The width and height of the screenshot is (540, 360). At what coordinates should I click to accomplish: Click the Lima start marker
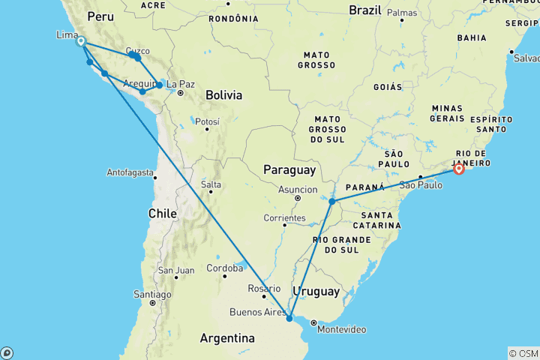(x=80, y=42)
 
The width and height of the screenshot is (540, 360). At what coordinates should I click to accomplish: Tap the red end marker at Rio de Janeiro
(x=458, y=169)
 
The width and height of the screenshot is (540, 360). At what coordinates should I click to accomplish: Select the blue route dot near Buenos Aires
(x=289, y=318)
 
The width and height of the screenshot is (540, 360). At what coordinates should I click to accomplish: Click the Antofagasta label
(x=129, y=172)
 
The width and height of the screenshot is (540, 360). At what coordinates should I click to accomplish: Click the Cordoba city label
(x=226, y=268)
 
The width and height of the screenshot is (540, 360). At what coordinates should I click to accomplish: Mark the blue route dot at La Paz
(x=160, y=85)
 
